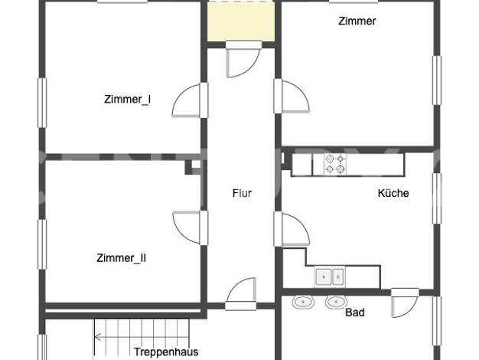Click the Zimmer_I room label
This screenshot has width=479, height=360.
pos(127,100)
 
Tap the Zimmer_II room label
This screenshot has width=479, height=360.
pos(121,258)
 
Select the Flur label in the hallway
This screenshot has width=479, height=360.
pos(242,193)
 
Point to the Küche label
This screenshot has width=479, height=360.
pos(393,193)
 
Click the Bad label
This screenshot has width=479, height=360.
pos(355,313)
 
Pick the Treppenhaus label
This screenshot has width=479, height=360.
pos(166,352)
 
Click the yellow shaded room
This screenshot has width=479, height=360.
pos(241,21)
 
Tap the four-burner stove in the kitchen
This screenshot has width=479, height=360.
pos(335,164)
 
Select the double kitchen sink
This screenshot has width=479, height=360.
pos(330,277)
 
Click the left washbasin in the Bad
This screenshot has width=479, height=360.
pos(303,303)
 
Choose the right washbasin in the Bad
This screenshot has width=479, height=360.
pos(337,303)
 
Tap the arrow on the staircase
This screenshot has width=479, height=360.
pos(142,337)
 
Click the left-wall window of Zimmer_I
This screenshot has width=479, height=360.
pos(42,103)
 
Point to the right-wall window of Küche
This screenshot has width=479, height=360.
pos(437,198)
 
